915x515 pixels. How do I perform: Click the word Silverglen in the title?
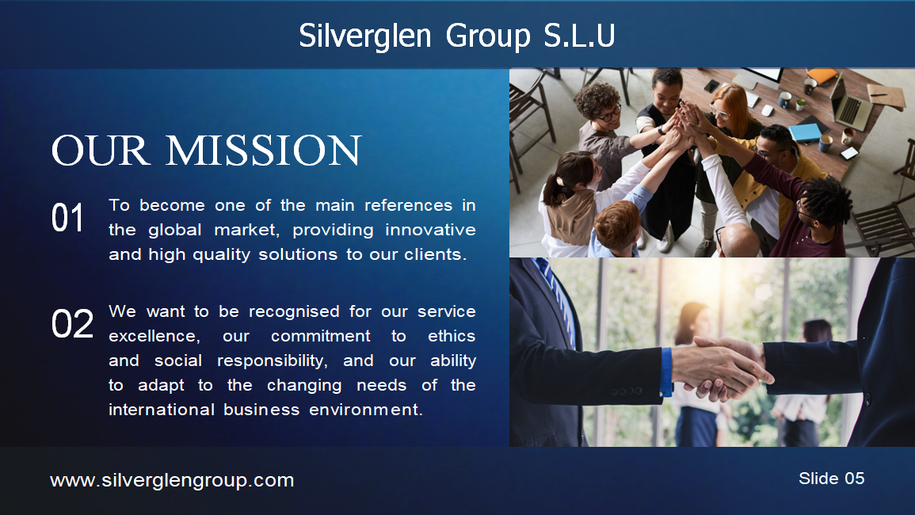pos(365,36)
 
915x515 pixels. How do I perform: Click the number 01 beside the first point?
pos(67,218)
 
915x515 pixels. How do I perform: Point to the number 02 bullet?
pos(72,324)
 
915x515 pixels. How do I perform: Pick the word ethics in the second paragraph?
pos(452,336)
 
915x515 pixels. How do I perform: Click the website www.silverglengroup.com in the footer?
pos(172,479)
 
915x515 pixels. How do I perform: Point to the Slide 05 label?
pos(831,478)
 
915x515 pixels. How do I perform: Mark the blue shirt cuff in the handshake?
pos(666,372)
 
